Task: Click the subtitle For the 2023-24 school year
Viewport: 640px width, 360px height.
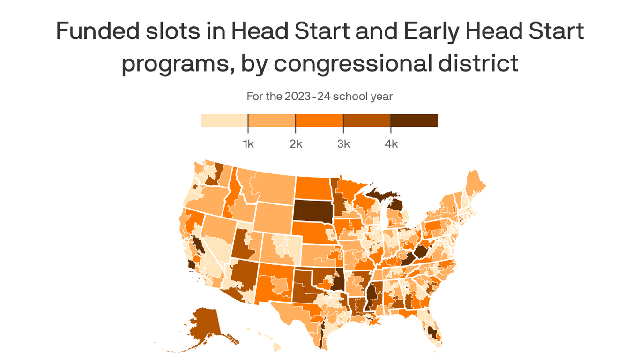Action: pyautogui.click(x=320, y=97)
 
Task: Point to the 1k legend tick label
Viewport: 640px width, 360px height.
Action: pyautogui.click(x=248, y=144)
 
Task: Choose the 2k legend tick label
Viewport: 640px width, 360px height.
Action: pyautogui.click(x=296, y=144)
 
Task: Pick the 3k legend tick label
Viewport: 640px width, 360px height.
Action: pyautogui.click(x=343, y=144)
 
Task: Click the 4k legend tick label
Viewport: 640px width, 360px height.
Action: pyautogui.click(x=391, y=144)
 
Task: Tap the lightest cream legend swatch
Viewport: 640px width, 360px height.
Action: pyautogui.click(x=224, y=120)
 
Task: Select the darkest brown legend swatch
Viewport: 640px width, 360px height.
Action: pyautogui.click(x=414, y=120)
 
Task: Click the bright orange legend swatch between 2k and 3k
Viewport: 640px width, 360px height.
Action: pyautogui.click(x=319, y=120)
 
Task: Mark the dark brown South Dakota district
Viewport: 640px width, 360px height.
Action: pyautogui.click(x=313, y=210)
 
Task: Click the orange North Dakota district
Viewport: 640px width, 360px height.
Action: pyautogui.click(x=313, y=187)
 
